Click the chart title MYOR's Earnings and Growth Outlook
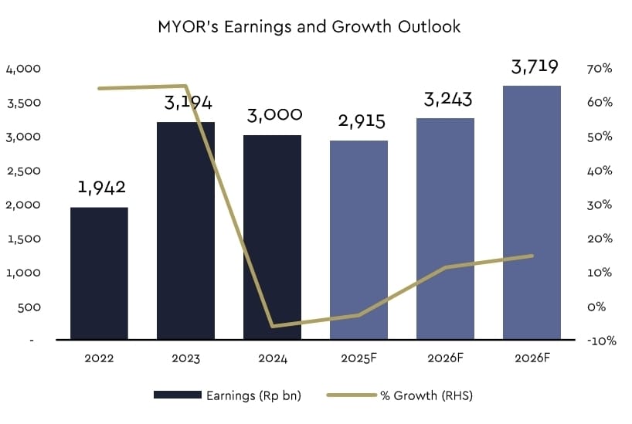click(308, 27)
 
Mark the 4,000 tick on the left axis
click(23, 69)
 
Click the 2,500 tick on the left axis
click(23, 171)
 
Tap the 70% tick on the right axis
click(600, 69)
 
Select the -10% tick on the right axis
click(600, 341)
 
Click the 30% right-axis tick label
click(600, 205)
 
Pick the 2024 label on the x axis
click(273, 359)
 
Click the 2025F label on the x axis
click(359, 359)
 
